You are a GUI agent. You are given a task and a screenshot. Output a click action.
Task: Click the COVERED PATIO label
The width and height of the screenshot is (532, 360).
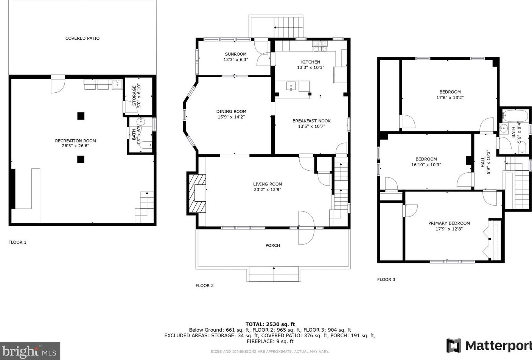tap(82, 38)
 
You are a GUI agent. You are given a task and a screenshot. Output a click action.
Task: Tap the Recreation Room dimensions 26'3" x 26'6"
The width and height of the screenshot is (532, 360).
tap(76, 146)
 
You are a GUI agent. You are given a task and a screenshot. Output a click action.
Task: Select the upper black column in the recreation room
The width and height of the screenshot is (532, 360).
tap(81, 116)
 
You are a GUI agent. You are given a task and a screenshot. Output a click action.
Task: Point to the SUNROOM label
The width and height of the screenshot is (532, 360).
tap(236, 54)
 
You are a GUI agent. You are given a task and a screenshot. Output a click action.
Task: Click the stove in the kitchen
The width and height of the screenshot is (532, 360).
tap(320, 46)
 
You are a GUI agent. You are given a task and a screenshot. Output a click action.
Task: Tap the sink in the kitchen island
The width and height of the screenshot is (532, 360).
tap(291, 86)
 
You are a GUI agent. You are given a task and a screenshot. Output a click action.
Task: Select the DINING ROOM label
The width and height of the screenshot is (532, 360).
tap(231, 111)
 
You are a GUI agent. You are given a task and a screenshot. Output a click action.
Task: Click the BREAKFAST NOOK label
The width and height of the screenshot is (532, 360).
tap(311, 121)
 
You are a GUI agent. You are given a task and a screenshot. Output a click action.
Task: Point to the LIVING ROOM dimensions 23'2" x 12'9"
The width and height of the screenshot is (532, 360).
tap(268, 190)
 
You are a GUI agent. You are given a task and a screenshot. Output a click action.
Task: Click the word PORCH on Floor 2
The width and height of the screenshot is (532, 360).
tap(273, 245)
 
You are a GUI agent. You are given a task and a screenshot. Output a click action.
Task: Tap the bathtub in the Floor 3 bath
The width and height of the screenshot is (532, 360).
tap(515, 116)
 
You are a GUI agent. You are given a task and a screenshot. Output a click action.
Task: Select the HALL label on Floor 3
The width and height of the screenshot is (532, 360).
tap(483, 162)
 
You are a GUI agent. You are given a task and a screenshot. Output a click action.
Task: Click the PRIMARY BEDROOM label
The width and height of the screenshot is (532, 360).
tap(449, 223)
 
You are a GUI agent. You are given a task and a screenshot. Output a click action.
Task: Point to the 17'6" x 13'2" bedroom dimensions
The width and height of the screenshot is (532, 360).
tap(450, 97)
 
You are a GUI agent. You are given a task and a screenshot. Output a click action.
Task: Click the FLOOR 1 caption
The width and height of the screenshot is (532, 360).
tap(17, 242)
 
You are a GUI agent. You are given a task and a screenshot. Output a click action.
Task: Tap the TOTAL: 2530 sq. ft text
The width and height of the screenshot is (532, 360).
tap(270, 324)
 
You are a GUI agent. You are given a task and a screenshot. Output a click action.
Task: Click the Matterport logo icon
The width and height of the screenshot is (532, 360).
tap(454, 346)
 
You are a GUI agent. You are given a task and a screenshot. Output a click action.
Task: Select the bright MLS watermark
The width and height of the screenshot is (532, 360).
tap(30, 351)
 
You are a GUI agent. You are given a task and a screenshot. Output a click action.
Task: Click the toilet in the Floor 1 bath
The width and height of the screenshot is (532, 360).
tap(146, 145)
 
